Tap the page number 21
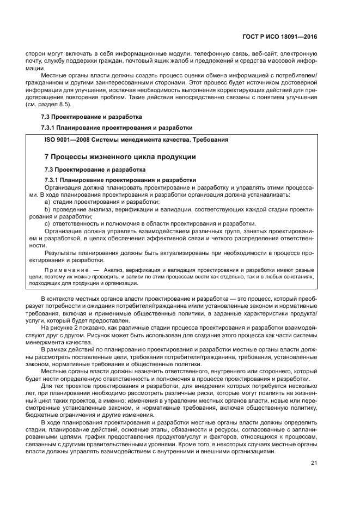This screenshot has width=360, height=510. point(314,463)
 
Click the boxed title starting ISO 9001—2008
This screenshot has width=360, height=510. point(136,139)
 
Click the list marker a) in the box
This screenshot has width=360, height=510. point(47,202)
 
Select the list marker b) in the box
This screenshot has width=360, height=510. point(47,209)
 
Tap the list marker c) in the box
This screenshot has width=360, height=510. point(47,224)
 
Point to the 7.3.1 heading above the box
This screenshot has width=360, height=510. point(117,127)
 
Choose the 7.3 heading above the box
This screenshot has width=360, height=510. point(91,116)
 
